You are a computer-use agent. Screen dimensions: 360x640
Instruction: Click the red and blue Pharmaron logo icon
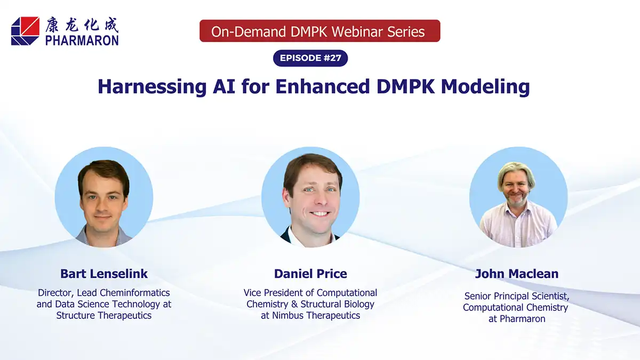pos(25,30)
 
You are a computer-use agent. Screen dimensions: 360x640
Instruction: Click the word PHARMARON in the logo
pos(82,39)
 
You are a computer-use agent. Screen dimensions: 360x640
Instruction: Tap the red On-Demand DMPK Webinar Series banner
pos(319,31)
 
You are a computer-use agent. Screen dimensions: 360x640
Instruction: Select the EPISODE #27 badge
pos(310,58)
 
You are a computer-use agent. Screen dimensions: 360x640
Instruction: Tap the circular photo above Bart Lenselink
pos(104,197)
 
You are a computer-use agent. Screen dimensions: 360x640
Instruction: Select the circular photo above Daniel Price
pos(310,197)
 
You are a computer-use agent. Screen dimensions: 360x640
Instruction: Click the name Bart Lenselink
pos(104,274)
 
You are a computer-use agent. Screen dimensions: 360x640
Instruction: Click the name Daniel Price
pos(310,274)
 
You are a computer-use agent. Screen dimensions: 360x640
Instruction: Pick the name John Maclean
pos(516,274)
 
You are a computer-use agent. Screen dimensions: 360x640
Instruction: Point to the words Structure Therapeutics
pos(104,315)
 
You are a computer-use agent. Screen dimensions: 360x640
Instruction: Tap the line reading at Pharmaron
pos(516,318)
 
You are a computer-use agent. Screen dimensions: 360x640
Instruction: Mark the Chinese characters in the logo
pos(82,24)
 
